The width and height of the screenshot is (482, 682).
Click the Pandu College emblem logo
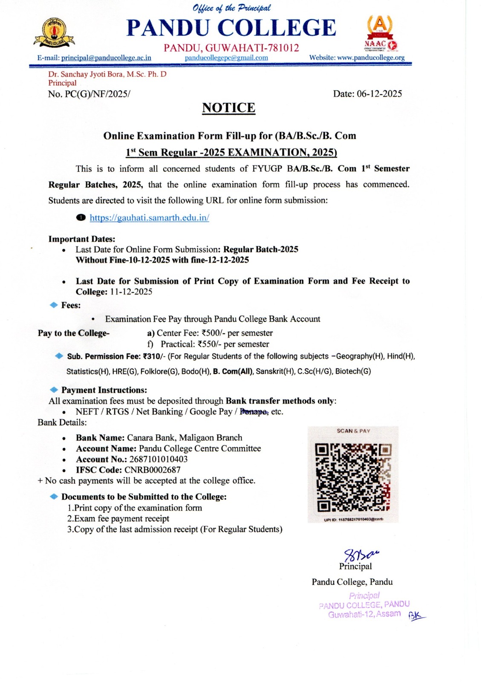54,32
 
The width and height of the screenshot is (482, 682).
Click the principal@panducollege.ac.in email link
106,58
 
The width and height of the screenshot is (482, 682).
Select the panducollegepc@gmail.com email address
226,58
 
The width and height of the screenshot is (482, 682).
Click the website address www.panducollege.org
371,58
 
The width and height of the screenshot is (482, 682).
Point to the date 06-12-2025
379,94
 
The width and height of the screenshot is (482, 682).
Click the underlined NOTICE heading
228,108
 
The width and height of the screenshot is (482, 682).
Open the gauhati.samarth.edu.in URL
149,218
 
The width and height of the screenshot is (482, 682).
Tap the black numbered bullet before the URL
81,218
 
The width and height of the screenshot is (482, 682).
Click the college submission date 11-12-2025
131,292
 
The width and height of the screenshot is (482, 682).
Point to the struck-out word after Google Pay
254,412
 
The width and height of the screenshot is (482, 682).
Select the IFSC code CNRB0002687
152,470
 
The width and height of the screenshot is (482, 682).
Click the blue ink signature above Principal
361,555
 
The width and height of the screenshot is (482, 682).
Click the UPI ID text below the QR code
353,519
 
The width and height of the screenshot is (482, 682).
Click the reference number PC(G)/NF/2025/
98,94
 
